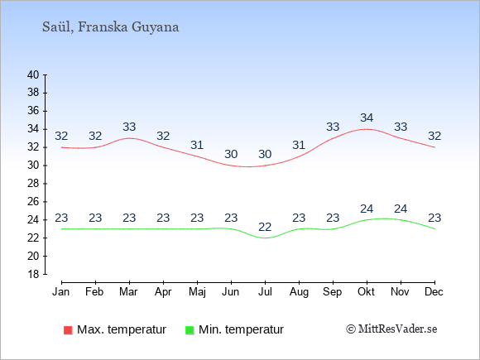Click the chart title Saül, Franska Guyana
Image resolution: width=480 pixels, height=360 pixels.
[x=111, y=27]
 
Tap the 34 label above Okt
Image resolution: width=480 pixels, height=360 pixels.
[x=367, y=118]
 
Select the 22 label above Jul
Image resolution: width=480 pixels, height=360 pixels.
[x=265, y=227]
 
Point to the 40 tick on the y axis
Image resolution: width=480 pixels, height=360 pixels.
[x=33, y=74]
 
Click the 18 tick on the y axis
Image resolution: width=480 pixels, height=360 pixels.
[x=33, y=274]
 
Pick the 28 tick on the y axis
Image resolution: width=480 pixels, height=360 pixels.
[x=33, y=184]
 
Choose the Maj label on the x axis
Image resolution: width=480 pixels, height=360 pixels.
[x=197, y=292]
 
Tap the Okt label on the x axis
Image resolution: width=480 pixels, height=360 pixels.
[x=366, y=292]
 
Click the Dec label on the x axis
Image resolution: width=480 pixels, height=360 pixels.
[x=434, y=292]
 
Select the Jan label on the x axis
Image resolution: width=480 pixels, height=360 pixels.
[x=61, y=292]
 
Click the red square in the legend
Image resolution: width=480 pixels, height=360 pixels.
[x=68, y=330]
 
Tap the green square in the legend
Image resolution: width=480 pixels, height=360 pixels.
[x=190, y=330]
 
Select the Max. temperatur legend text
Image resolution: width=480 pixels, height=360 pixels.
[x=122, y=329]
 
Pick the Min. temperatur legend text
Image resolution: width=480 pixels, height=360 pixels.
[x=241, y=329]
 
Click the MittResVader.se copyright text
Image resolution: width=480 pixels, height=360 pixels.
[x=391, y=329]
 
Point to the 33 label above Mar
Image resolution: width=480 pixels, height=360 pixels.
[x=129, y=127]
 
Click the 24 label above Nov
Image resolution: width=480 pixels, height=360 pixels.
[x=401, y=209]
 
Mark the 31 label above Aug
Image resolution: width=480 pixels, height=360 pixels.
[x=299, y=145]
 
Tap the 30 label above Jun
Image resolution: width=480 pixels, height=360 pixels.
[x=231, y=154]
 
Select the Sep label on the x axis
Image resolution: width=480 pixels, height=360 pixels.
[x=333, y=292]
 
